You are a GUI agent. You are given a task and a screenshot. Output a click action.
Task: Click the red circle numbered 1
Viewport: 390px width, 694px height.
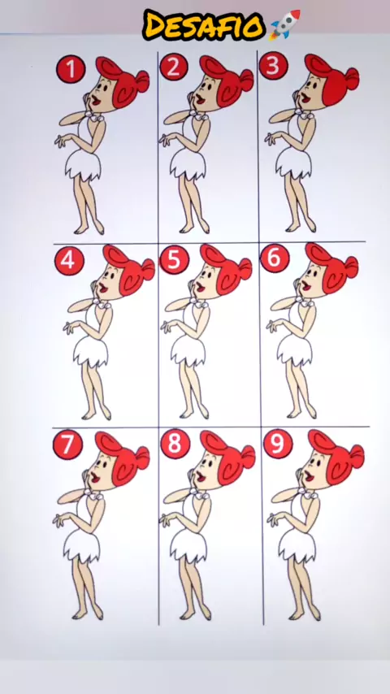71,69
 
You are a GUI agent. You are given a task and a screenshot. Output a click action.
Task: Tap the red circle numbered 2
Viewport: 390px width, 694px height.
174,67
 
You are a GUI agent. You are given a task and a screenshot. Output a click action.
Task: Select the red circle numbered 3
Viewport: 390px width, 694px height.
273,66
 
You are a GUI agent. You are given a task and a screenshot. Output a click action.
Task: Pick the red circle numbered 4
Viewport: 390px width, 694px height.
69,260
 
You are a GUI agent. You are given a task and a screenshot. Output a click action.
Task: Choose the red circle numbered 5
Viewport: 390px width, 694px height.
174,259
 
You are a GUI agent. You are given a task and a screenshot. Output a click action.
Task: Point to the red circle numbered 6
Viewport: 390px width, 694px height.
275,258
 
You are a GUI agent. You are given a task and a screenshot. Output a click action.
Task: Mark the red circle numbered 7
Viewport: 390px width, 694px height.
67,445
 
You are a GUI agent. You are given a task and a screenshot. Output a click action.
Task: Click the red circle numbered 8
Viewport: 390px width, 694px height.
175,444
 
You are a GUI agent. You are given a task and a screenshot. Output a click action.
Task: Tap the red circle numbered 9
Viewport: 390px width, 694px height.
278,444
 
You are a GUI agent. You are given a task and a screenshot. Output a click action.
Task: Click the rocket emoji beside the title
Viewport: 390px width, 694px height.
284,24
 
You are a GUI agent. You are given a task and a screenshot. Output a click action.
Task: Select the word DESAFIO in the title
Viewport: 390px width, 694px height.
204,25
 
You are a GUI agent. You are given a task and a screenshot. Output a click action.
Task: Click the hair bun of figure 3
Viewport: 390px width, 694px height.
352,78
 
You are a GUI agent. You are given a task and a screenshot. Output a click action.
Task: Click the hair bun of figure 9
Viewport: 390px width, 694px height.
357,457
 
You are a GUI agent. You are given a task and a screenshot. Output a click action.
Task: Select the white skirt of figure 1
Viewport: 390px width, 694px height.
83,167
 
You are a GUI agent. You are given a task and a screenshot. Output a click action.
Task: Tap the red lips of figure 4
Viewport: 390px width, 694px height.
102,288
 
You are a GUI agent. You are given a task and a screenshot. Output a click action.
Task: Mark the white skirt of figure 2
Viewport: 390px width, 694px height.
188,165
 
